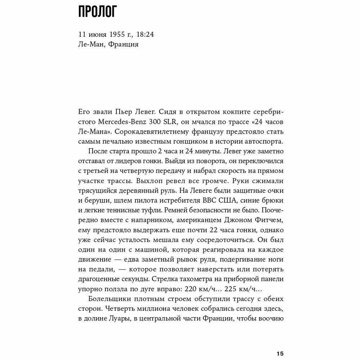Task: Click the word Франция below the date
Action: (124, 45)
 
